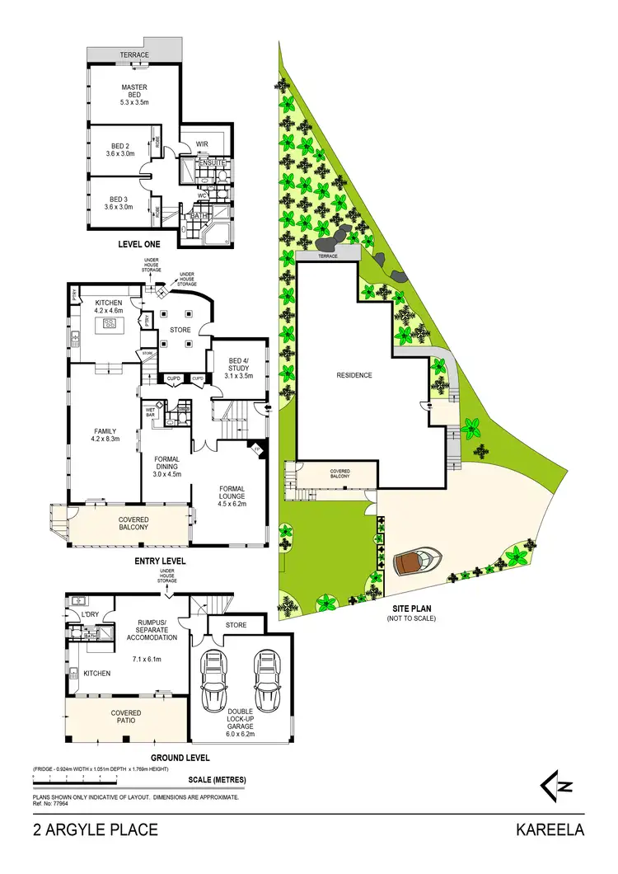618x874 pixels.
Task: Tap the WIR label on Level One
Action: (202, 144)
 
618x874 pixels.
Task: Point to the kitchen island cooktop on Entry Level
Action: (108, 322)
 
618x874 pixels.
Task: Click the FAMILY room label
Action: (105, 435)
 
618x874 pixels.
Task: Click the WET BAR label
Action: (151, 412)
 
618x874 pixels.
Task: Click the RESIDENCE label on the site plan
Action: (354, 375)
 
